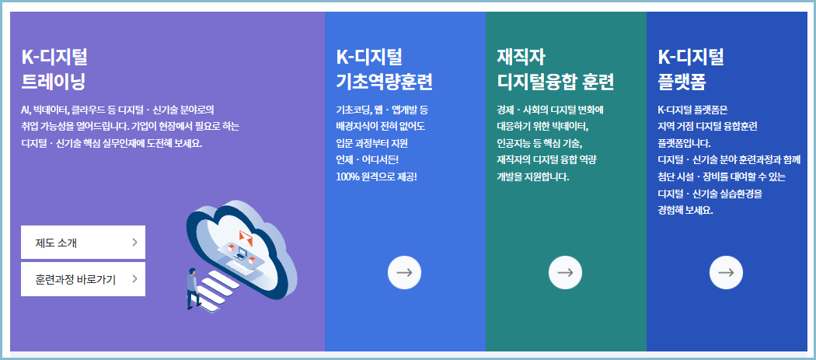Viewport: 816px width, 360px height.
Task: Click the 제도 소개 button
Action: [82, 243]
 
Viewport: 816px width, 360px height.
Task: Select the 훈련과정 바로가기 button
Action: [82, 279]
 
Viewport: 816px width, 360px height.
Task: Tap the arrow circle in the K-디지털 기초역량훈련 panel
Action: [404, 272]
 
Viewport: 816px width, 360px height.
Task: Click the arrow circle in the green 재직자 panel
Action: [565, 272]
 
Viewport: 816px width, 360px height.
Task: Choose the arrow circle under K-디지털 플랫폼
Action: [726, 272]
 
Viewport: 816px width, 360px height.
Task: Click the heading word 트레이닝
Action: [54, 82]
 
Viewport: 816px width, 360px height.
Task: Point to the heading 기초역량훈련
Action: [384, 82]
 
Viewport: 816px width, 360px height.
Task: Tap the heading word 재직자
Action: [521, 57]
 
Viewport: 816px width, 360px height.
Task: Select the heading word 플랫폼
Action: [682, 82]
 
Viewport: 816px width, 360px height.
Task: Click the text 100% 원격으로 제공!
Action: [376, 177]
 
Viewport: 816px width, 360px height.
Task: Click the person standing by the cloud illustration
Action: [191, 288]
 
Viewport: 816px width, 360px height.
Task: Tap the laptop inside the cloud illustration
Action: [242, 253]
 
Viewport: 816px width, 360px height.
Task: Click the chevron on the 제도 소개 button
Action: [134, 243]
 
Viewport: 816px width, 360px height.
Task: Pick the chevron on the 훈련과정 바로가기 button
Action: [134, 279]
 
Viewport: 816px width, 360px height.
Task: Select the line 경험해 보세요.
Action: [685, 211]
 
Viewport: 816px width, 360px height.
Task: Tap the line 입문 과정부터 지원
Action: [371, 143]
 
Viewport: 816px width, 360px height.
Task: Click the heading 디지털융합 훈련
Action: [556, 82]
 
